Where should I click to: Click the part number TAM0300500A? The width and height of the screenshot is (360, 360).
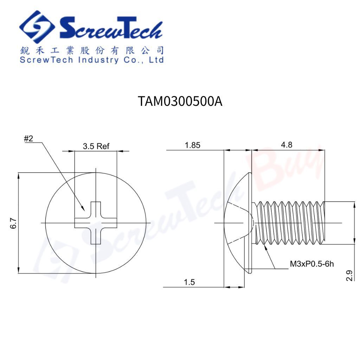pos(180,101)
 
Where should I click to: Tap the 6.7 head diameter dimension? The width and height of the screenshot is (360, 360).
pos(13,223)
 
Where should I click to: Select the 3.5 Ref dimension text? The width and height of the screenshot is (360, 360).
pos(96,146)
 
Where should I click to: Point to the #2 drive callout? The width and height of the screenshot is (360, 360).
pos(28,138)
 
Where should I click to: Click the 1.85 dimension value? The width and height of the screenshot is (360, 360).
pos(192,145)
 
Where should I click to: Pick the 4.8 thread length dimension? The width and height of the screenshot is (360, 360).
pos(287,144)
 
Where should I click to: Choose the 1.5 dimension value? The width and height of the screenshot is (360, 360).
pos(189,282)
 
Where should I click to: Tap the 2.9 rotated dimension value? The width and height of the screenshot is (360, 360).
pos(349,276)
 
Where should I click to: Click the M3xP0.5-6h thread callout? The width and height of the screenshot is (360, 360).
pos(311,264)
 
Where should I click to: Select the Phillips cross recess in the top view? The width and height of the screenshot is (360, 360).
pos(96,223)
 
